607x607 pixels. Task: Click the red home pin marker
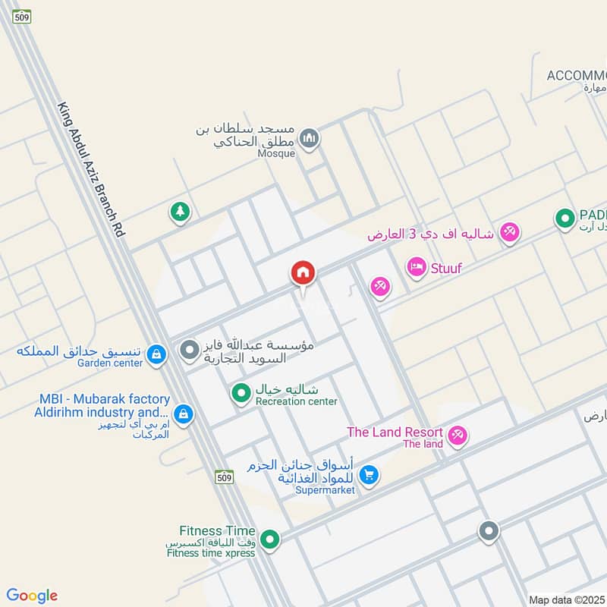[303, 273]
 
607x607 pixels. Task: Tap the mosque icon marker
[308, 139]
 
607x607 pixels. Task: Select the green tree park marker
[180, 212]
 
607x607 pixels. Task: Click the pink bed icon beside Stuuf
[416, 267]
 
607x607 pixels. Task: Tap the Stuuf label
[446, 268]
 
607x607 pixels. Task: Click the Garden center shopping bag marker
[156, 354]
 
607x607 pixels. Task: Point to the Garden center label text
[110, 363]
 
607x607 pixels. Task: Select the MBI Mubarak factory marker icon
[182, 414]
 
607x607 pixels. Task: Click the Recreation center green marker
[241, 392]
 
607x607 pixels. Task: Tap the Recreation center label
[296, 401]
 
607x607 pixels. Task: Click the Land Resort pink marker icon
[458, 436]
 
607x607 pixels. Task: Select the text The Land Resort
[395, 432]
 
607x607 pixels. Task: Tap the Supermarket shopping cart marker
[370, 476]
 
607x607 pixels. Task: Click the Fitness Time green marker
[269, 540]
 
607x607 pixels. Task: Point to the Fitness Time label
[218, 531]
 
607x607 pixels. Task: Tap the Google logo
[32, 596]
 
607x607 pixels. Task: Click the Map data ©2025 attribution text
[568, 599]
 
